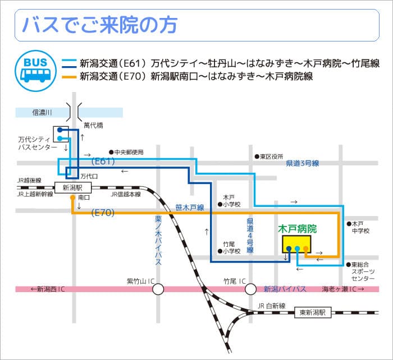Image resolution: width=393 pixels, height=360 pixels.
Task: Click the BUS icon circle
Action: pos(35,68)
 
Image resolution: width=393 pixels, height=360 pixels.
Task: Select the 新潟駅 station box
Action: pos(72,188)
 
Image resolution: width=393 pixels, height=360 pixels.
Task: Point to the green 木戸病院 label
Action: pos(298,229)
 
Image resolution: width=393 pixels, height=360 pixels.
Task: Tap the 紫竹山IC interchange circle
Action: pos(158,289)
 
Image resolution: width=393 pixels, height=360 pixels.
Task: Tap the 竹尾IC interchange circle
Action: pos(250,289)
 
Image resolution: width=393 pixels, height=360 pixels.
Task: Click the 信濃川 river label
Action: pos(42,112)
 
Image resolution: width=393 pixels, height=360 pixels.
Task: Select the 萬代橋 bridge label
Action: pos(93,125)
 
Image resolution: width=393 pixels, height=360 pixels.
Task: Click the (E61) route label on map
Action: pos(103,161)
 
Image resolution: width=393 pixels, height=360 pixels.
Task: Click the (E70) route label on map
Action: pos(103,213)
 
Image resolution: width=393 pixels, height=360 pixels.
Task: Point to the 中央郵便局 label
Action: pos(129,152)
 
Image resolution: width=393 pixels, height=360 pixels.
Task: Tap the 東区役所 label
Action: pos(272,156)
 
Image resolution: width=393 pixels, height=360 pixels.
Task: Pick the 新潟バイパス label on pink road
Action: pos(285,289)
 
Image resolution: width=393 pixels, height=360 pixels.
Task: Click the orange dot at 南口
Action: pos(72,198)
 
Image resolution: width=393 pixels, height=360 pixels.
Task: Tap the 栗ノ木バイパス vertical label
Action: pos(158,241)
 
